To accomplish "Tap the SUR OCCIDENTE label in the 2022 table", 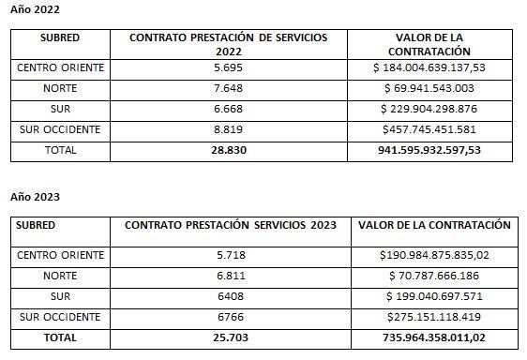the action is (x=59, y=129).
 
